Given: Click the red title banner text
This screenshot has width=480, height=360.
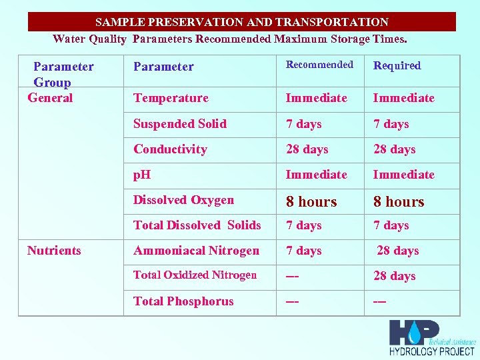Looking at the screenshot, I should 241,22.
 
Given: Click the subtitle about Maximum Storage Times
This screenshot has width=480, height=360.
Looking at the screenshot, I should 229,39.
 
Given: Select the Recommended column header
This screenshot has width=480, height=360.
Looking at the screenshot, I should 319,65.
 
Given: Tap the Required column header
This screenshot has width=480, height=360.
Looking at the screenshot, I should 397,65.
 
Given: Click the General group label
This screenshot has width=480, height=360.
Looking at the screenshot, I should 50,98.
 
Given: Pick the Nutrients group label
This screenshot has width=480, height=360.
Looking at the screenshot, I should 54,251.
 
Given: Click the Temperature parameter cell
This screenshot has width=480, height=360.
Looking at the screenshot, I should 171,98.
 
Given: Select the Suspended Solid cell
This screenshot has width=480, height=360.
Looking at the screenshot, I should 180,124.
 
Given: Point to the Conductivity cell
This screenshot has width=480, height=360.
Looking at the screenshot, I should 170,149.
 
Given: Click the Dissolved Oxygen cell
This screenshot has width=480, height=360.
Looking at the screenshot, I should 183,200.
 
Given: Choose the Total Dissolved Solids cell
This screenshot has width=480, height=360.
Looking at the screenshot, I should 197,225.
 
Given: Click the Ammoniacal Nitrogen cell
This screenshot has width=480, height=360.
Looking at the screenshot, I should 196,251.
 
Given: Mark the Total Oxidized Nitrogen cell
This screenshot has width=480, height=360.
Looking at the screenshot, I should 195,275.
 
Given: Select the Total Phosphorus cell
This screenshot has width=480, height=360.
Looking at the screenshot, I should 183,301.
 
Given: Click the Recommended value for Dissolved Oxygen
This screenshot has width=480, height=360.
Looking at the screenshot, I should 311,201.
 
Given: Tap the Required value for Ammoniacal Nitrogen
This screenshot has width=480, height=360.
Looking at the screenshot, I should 398,251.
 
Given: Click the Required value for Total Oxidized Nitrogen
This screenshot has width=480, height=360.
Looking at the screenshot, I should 394,276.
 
